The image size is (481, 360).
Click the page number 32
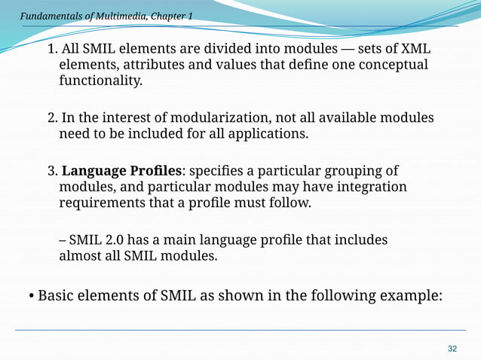(452, 348)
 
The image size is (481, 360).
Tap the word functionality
(100, 81)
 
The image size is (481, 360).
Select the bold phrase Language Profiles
(130, 170)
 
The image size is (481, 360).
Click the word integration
(367, 186)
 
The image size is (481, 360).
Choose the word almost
(81, 256)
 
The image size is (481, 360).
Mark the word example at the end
(409, 295)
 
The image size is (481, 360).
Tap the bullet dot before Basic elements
(31, 295)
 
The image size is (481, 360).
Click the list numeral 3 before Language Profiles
(51, 170)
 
